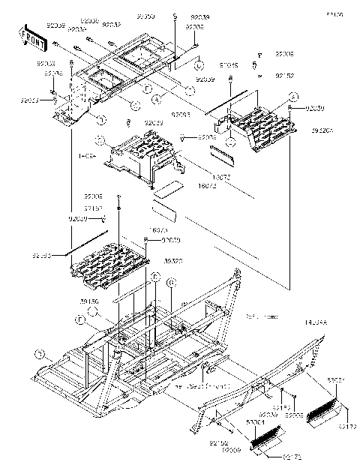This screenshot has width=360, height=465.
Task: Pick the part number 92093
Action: tap(180, 114)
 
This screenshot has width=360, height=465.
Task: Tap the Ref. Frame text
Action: tap(262, 317)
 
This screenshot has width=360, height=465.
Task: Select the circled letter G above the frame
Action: tap(171, 283)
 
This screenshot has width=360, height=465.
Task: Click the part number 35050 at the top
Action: tap(145, 16)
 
